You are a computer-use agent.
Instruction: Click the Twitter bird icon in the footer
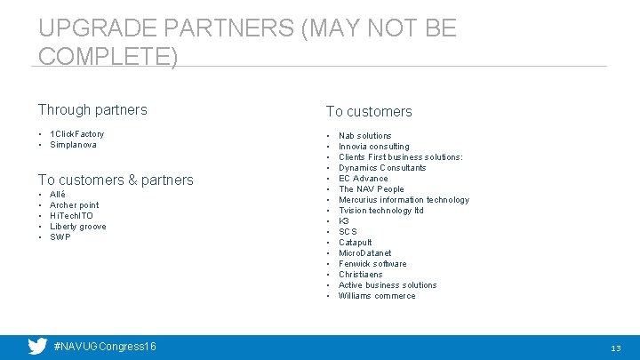[37, 346]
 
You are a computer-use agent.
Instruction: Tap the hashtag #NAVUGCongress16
[105, 346]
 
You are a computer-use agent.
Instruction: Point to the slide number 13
[615, 348]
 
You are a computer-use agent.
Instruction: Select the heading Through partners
[92, 110]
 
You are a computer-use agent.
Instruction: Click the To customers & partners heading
[116, 180]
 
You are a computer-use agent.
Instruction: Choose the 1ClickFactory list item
[76, 134]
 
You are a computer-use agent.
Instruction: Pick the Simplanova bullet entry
[74, 145]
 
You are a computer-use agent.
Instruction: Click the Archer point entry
[75, 205]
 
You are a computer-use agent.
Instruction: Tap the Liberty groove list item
[78, 227]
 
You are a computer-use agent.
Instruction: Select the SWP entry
[60, 237]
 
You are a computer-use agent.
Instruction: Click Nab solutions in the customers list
[364, 136]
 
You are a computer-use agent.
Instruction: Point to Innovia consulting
[373, 147]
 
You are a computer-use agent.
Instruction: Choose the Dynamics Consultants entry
[382, 168]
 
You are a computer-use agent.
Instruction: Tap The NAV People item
[371, 189]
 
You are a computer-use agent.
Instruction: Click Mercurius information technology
[404, 200]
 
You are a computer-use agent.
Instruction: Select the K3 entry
[344, 221]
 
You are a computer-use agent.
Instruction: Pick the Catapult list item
[355, 243]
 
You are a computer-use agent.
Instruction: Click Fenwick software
[372, 264]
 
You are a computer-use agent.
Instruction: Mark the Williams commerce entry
[377, 296]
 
